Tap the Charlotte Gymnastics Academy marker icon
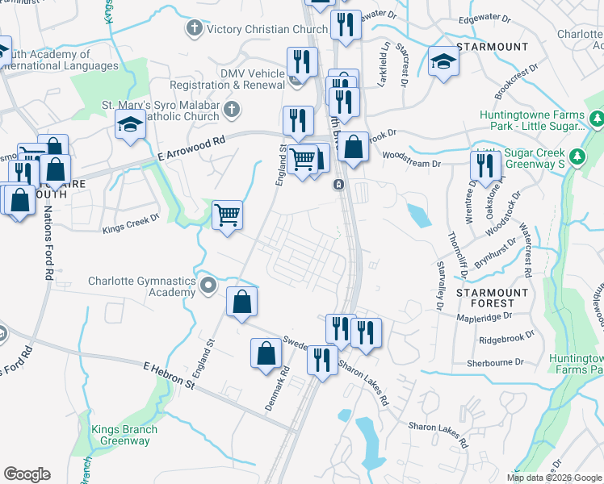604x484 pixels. tap(209, 285)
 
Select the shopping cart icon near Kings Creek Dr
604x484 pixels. tap(228, 215)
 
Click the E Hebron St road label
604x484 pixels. tap(169, 375)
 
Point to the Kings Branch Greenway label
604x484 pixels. tap(120, 436)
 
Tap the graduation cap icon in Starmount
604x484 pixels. tap(443, 62)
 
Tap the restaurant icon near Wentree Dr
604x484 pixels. tap(484, 165)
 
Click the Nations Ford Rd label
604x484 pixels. tap(48, 243)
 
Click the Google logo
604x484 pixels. tap(27, 474)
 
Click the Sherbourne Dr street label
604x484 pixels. tap(494, 364)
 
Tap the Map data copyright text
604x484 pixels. tap(555, 478)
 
